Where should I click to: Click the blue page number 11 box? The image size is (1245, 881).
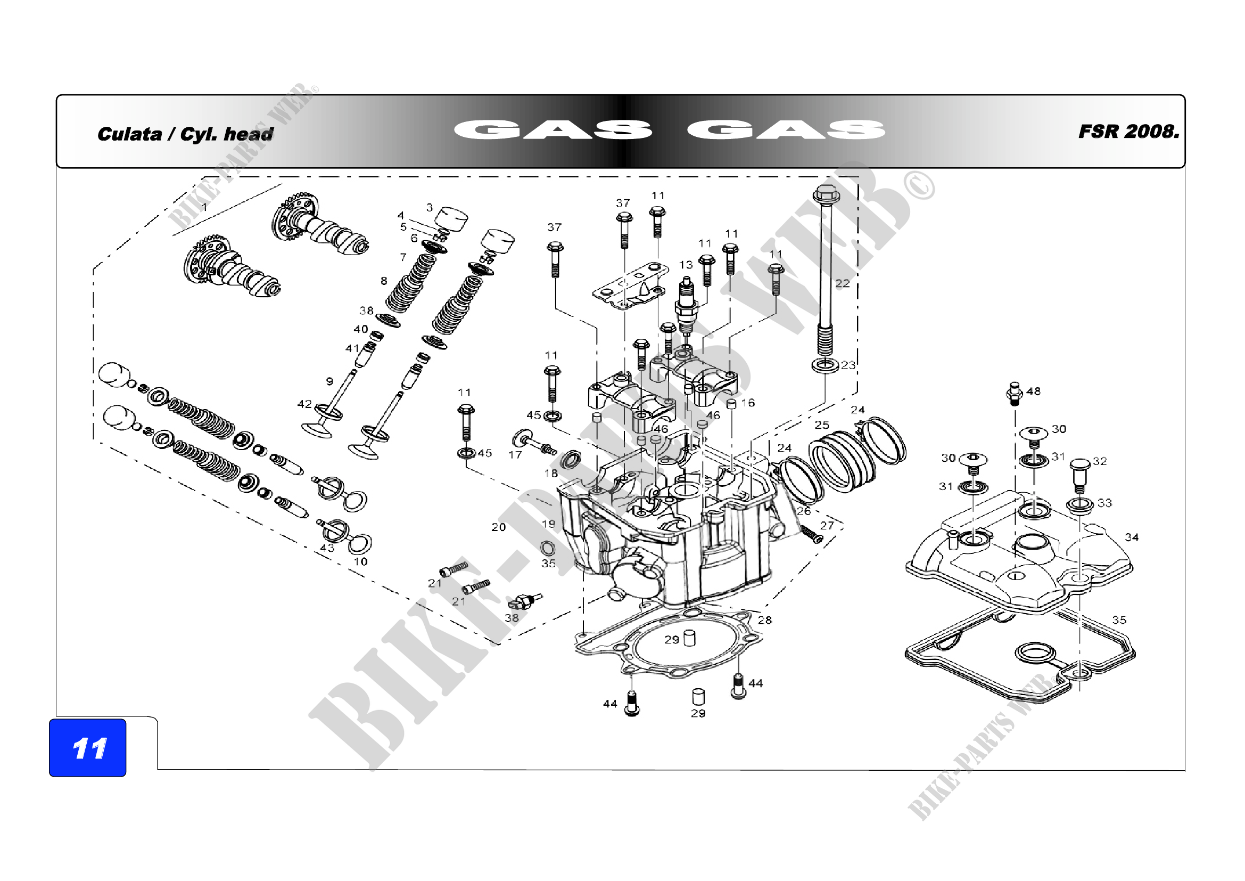[87, 747]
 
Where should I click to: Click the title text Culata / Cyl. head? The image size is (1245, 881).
[185, 134]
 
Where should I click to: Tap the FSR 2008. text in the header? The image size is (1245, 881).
[1128, 132]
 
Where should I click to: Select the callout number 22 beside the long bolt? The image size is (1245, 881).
[842, 283]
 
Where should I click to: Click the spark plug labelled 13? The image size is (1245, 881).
[686, 306]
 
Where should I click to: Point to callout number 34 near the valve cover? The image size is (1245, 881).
[1132, 537]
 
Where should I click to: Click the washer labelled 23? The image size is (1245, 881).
[824, 365]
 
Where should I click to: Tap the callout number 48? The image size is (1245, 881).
[1034, 391]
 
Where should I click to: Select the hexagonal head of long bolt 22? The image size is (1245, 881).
[826, 193]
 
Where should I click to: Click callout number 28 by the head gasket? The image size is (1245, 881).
[764, 620]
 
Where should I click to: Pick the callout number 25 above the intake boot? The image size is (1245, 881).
[822, 425]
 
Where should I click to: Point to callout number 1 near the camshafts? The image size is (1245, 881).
[204, 207]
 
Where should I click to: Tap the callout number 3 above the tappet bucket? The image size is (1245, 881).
[430, 207]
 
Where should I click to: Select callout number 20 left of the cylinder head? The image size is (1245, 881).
[498, 527]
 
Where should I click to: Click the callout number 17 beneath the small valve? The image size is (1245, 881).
[515, 454]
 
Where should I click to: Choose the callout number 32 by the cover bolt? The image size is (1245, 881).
[1100, 461]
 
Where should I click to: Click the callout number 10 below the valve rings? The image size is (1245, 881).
[360, 561]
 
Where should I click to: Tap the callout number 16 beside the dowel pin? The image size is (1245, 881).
[748, 403]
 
